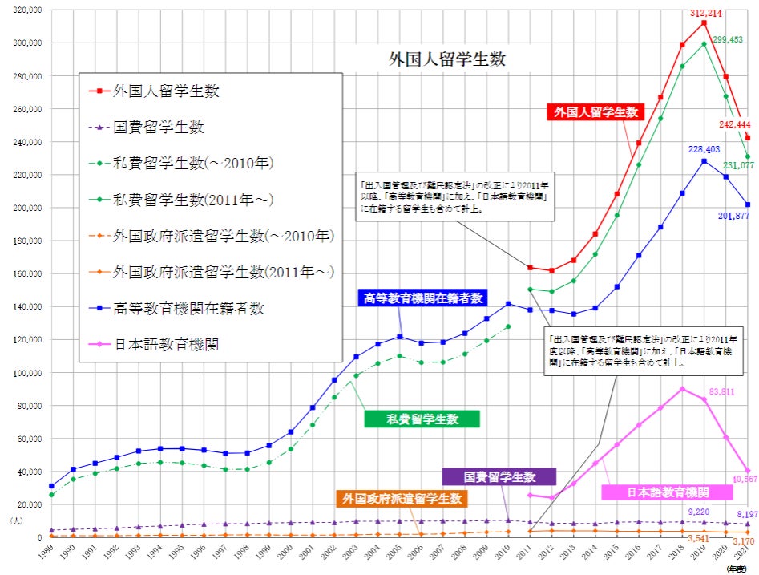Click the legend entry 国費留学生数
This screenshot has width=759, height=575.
point(158,127)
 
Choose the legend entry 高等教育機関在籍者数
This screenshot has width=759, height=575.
point(189,308)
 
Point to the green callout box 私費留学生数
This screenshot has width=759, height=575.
point(422,419)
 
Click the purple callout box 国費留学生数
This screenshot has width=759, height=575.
point(499,476)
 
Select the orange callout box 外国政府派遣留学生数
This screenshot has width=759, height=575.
point(402,499)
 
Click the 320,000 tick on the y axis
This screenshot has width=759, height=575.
point(26,10)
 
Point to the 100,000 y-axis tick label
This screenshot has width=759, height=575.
point(26,373)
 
